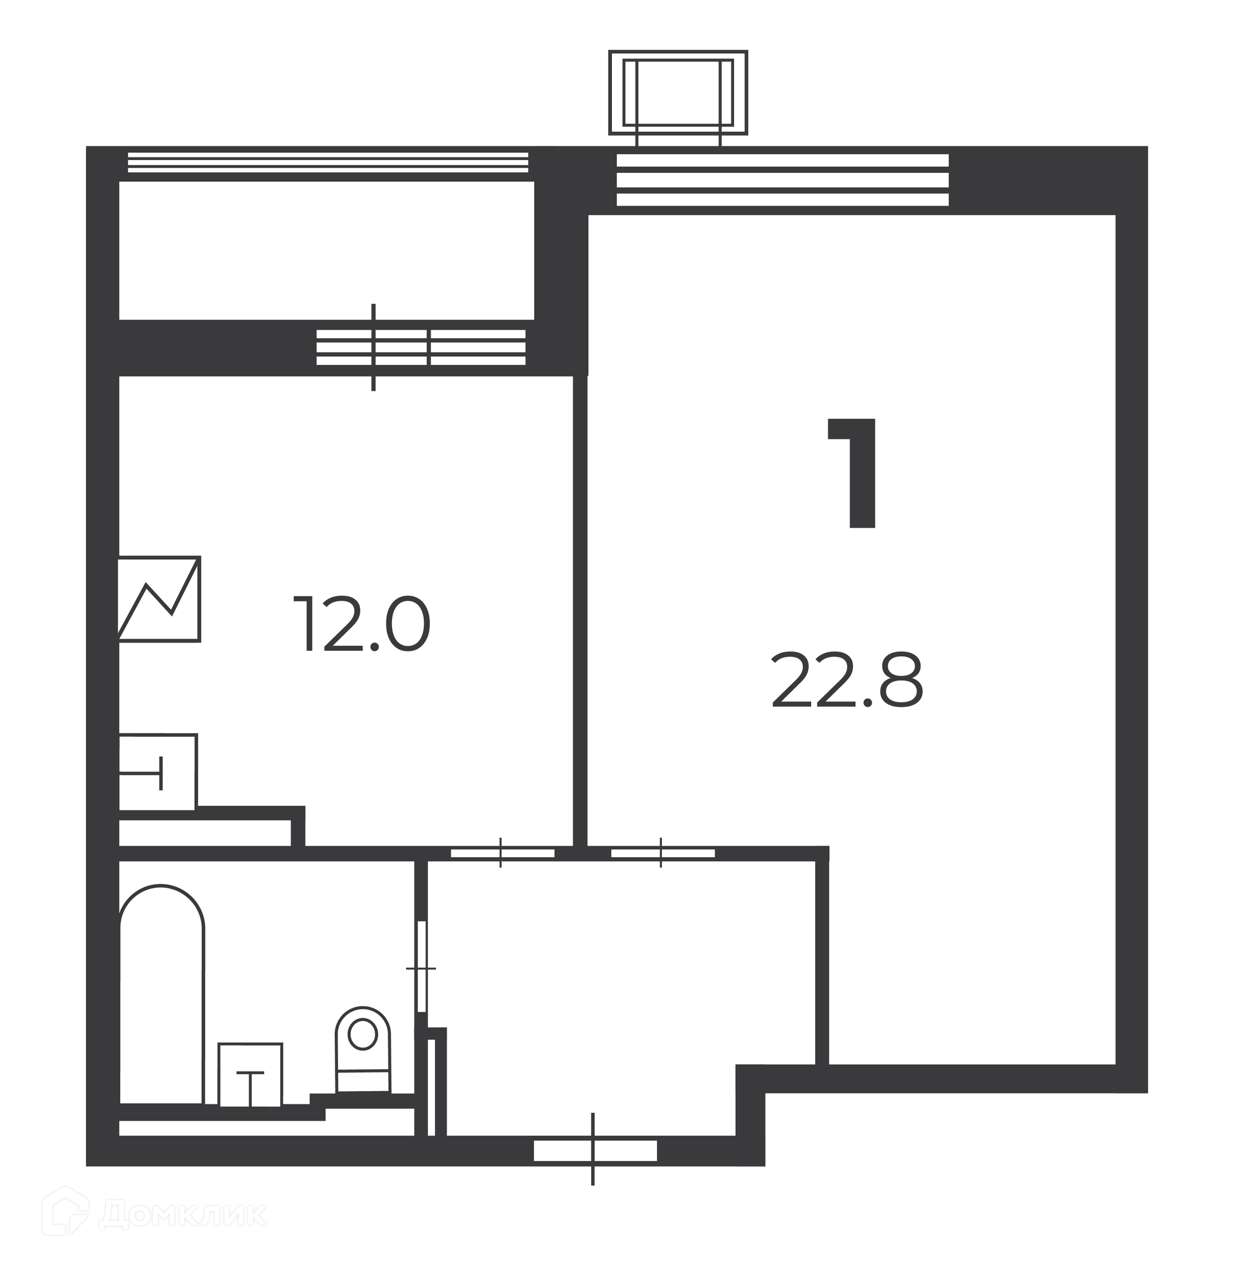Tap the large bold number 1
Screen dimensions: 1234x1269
[x=854, y=472]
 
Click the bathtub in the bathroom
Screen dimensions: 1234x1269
[x=162, y=995]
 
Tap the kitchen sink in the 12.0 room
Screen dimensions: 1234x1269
[x=157, y=772]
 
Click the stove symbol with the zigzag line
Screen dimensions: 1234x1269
[x=159, y=599]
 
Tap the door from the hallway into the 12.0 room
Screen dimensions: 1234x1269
[x=503, y=853]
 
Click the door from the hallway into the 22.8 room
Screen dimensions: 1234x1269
[x=663, y=853]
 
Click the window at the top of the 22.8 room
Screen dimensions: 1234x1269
[x=782, y=180]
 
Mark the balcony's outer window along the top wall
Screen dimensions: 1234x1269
[x=328, y=163]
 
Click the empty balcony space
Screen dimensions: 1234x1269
[x=326, y=251]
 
